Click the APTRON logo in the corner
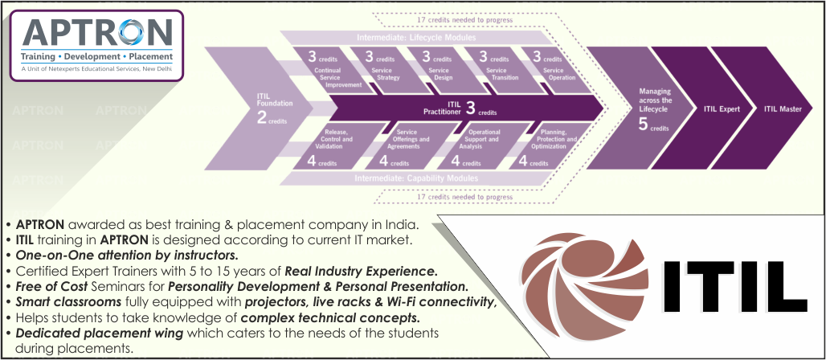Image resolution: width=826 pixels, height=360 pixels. pyautogui.click(x=97, y=42)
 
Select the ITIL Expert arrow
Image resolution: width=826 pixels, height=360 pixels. pyautogui.click(x=721, y=108)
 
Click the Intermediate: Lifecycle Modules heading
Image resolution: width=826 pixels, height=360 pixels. pyautogui.click(x=416, y=38)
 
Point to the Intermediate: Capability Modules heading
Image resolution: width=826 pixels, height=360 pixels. pyautogui.click(x=417, y=178)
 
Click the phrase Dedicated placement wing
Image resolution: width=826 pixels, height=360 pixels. pyautogui.click(x=76, y=332)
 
